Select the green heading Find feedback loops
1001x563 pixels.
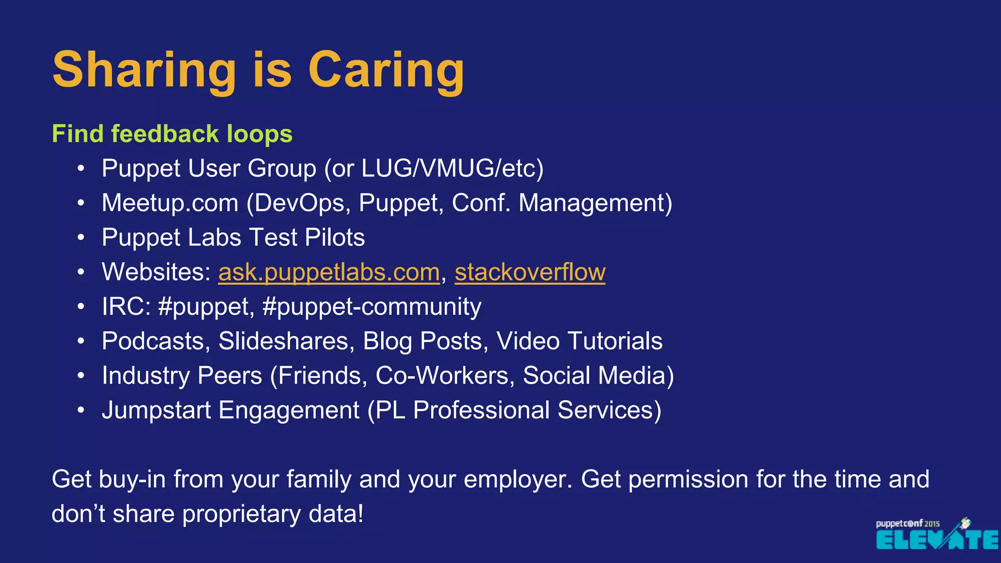[172, 134]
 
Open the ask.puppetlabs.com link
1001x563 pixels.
[329, 272]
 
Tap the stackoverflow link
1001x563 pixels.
[530, 272]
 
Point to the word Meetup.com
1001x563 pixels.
[170, 203]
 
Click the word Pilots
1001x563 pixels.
[335, 238]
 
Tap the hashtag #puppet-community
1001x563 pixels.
[371, 307]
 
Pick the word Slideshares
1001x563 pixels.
[286, 341]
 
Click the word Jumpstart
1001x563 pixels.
[156, 411]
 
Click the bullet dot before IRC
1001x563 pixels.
[81, 307]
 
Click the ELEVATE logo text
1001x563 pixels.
[936, 540]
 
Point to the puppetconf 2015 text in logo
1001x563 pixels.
[907, 523]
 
